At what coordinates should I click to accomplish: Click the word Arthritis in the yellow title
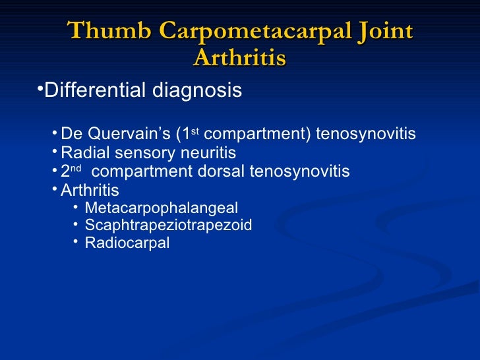(239, 58)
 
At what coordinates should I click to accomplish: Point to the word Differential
(95, 90)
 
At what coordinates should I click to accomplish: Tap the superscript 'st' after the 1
(195, 132)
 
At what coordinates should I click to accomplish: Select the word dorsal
(221, 172)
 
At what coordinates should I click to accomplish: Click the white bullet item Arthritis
(90, 191)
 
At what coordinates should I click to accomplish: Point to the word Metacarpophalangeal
(162, 208)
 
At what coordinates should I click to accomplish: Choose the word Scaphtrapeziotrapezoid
(168, 225)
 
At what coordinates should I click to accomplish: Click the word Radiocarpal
(127, 243)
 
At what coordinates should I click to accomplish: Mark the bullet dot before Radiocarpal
(76, 241)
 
